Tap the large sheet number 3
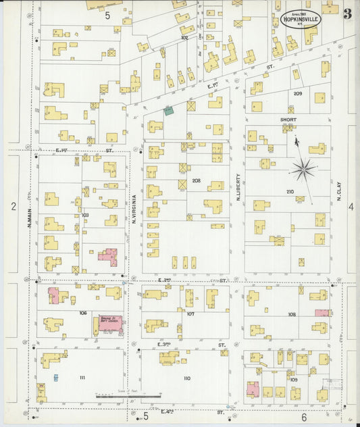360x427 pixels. coord(347,14)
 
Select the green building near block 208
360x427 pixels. coord(168,110)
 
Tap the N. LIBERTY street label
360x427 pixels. coord(238,187)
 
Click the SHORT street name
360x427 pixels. coord(288,119)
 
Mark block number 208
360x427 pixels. coord(197,180)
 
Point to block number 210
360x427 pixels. coord(290,192)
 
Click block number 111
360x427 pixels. coord(82,376)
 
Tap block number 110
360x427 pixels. coord(186,378)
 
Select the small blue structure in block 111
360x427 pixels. coord(55,377)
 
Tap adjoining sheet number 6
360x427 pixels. coord(304,417)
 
